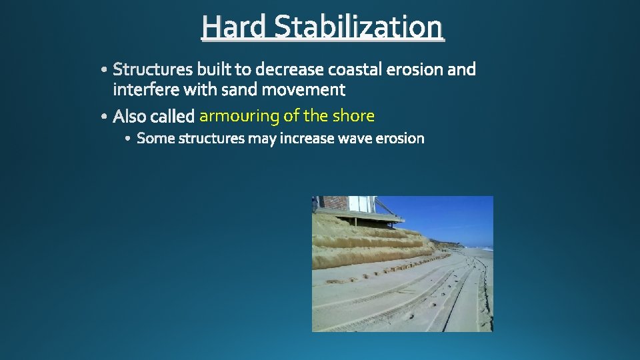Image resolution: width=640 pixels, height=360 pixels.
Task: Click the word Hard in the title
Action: click(235, 27)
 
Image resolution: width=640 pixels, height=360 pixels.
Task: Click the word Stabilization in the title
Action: click(358, 27)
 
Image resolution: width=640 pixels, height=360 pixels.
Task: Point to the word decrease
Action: click(291, 69)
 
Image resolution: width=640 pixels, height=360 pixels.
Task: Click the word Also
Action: click(129, 117)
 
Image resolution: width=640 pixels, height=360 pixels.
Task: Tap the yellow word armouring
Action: click(239, 117)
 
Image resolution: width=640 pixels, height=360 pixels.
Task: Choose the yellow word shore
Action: click(353, 116)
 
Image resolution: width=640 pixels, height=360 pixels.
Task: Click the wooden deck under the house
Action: click(373, 217)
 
